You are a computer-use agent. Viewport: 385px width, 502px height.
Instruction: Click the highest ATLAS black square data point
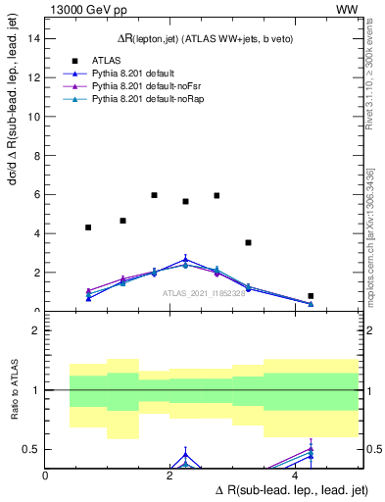click(155, 195)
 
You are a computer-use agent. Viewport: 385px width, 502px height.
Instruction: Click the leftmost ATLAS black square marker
click(88, 227)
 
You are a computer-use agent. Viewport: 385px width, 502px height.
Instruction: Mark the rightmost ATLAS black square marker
click(311, 296)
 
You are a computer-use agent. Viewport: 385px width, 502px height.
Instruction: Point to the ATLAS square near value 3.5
click(248, 242)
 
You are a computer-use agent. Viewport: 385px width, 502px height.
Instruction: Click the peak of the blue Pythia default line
click(185, 260)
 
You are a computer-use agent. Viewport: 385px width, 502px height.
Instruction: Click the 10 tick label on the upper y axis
click(35, 116)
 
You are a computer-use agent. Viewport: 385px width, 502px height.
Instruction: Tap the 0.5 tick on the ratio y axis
click(32, 449)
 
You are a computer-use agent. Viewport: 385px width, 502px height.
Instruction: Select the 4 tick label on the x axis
click(297, 476)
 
